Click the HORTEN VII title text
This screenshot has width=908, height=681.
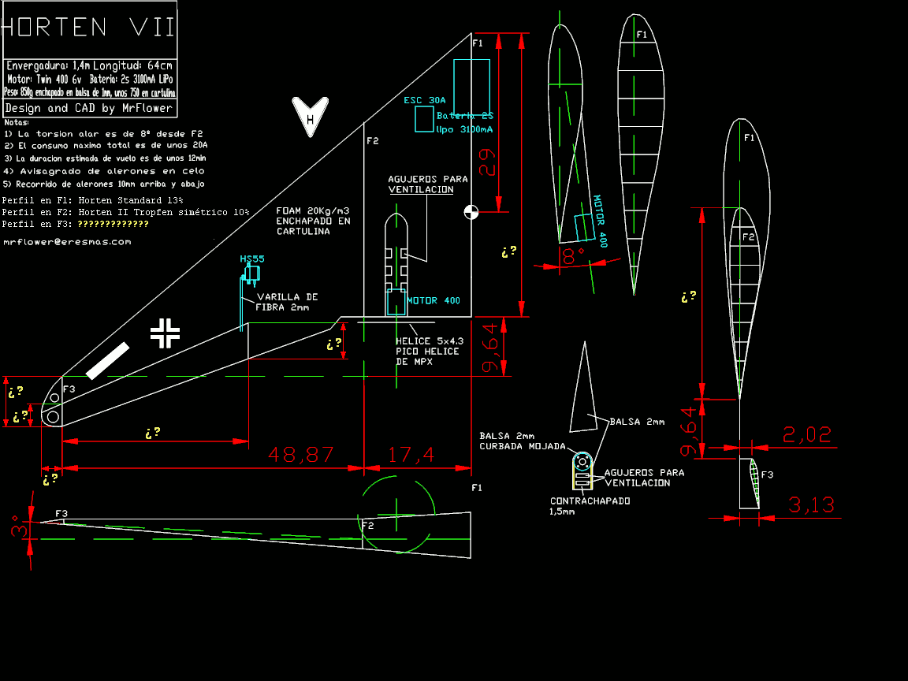point(88,28)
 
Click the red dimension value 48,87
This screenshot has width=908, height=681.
point(300,455)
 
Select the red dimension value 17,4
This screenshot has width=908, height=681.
point(411,455)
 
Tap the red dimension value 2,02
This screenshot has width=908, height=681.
point(806,435)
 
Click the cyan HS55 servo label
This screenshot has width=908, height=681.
point(252,259)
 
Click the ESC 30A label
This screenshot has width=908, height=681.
point(424,100)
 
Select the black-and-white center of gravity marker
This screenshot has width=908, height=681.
point(471,211)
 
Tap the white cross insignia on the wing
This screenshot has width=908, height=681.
point(166,333)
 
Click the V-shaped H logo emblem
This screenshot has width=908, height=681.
point(310,117)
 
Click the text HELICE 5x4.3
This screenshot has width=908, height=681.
point(430,341)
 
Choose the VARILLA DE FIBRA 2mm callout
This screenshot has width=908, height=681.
point(287,302)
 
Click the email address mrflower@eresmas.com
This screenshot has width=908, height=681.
point(67,242)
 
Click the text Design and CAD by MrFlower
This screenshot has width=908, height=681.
point(88,108)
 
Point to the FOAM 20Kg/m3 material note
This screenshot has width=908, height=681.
point(313,221)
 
